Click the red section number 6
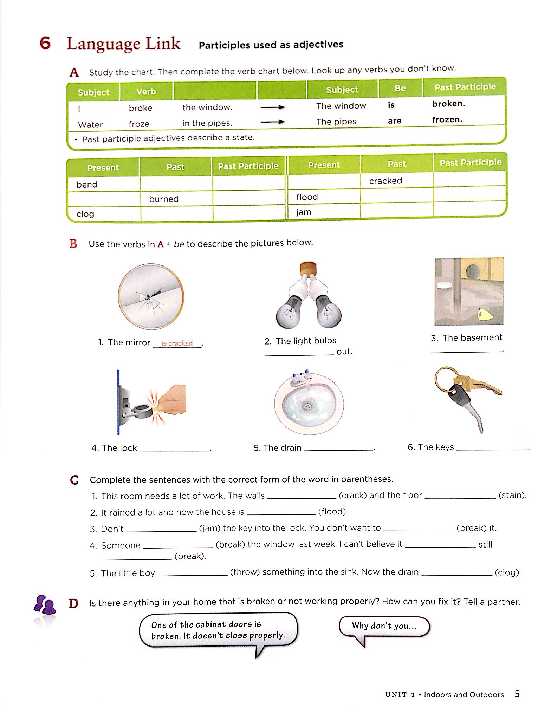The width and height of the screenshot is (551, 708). [x=45, y=43]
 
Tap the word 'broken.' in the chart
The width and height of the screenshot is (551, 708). [x=448, y=104]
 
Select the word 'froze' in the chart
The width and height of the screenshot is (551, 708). [x=139, y=124]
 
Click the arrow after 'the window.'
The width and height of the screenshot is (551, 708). [x=272, y=107]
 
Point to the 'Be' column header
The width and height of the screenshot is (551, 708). [x=400, y=88]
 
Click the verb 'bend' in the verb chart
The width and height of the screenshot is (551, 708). [x=87, y=184]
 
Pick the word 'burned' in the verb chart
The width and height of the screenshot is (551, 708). [x=164, y=199]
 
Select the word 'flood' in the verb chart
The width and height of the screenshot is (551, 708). [x=307, y=197]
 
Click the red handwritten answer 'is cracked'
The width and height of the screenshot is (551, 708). [x=177, y=343]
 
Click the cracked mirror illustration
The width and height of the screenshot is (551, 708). [x=151, y=296]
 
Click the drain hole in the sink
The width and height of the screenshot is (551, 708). [x=307, y=407]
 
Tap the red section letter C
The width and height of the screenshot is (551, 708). [x=74, y=480]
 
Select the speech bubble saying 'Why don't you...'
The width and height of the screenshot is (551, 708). [x=384, y=626]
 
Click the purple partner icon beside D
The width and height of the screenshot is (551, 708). [x=45, y=605]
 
